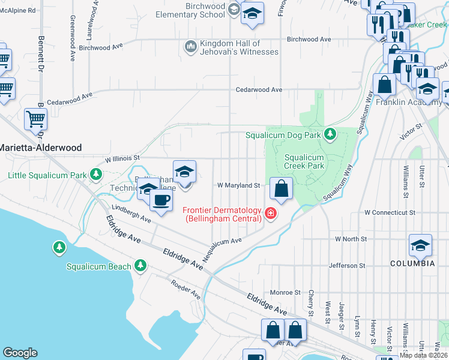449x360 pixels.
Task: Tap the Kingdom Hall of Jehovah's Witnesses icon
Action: (x=191, y=46)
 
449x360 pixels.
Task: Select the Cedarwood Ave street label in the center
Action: (x=259, y=89)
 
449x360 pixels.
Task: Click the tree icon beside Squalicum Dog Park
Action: (x=330, y=134)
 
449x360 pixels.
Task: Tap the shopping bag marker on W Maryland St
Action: (x=281, y=188)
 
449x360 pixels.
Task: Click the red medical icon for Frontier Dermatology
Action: (x=270, y=214)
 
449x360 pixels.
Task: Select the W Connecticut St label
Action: (x=390, y=212)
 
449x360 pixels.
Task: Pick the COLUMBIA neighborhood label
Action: (x=412, y=263)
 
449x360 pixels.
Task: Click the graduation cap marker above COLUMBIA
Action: (x=420, y=245)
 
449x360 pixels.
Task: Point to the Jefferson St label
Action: (x=346, y=265)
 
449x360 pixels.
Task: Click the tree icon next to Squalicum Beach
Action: (x=140, y=265)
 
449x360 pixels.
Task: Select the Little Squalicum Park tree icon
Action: (x=95, y=175)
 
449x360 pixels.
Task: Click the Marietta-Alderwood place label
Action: (x=41, y=147)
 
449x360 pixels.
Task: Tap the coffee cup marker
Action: (x=160, y=200)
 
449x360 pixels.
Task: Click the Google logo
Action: (x=20, y=353)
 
